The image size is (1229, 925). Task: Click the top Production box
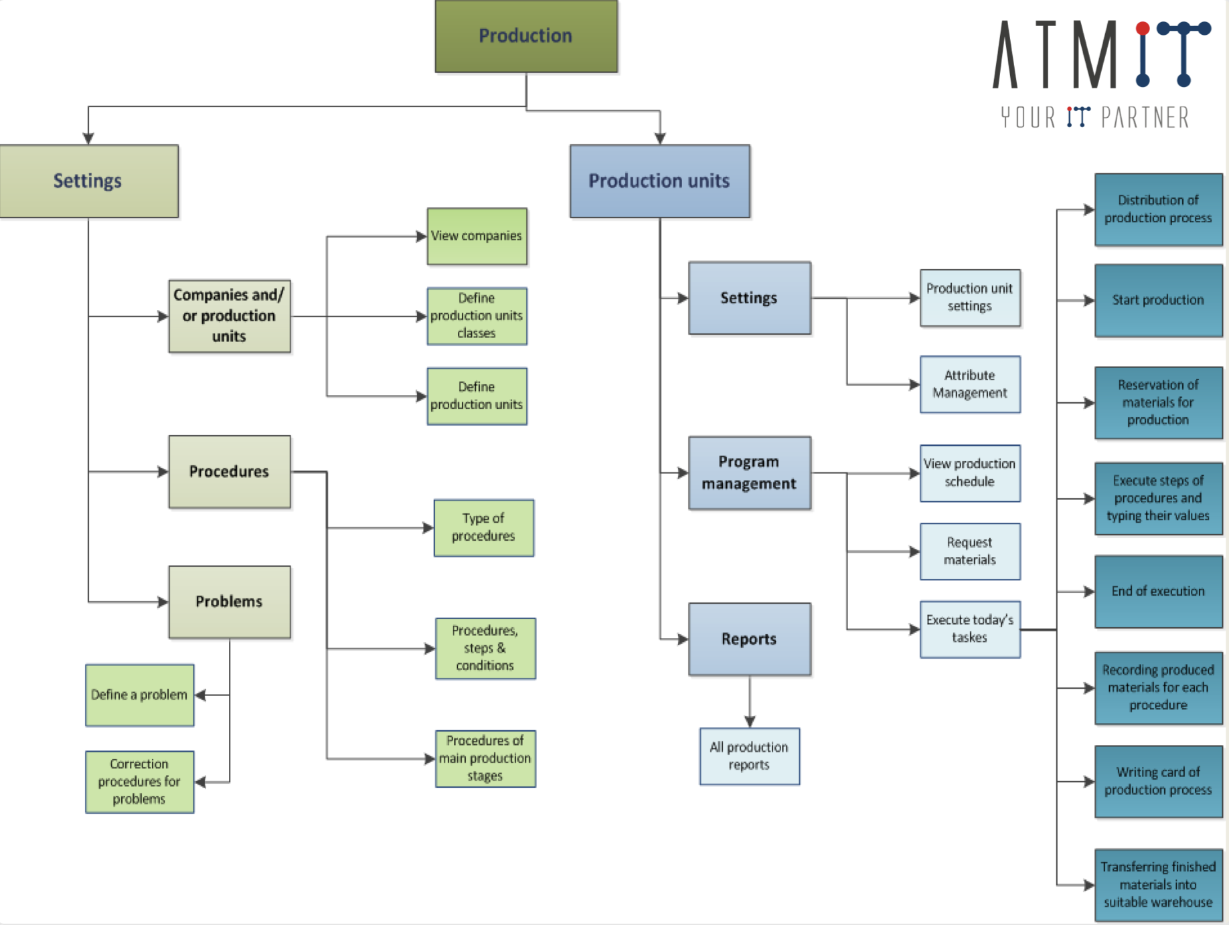[526, 36]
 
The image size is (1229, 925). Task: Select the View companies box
[477, 236]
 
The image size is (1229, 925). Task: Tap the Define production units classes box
[477, 316]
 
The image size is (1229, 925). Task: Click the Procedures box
[229, 472]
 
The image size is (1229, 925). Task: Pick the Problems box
[229, 602]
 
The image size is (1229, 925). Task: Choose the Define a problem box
[139, 695]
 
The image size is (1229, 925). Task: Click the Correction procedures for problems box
[139, 782]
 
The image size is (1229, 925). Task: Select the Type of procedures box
[483, 527]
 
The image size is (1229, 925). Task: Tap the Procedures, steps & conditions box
[485, 648]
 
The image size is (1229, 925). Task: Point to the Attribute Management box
[969, 384]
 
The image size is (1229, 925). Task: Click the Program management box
[749, 473]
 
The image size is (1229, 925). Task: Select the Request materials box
[969, 551]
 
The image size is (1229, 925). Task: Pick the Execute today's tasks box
[969, 628]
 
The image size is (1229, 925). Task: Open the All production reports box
[749, 756]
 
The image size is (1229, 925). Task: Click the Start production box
[1158, 301]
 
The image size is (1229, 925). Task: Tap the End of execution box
[1158, 591]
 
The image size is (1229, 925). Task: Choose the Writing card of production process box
[1158, 781]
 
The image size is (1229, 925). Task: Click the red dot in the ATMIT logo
[1143, 28]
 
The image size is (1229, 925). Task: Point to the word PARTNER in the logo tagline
[1145, 118]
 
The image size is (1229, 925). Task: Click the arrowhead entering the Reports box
[683, 639]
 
